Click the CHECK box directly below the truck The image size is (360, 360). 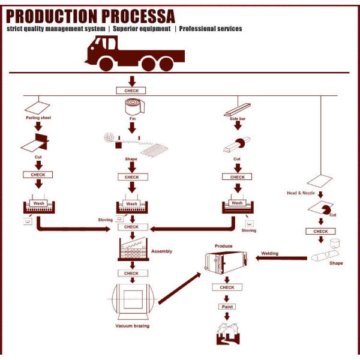131,91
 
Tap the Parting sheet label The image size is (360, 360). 38,118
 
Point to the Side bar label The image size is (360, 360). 238,118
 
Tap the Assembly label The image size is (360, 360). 161,251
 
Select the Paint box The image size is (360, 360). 226,306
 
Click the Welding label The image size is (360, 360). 269,253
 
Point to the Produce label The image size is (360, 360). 223,246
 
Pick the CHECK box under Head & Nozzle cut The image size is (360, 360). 320,231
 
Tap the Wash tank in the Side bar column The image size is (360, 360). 238,205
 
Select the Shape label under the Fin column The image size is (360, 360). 131,159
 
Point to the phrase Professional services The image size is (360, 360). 211,29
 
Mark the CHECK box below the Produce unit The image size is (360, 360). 226,287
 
